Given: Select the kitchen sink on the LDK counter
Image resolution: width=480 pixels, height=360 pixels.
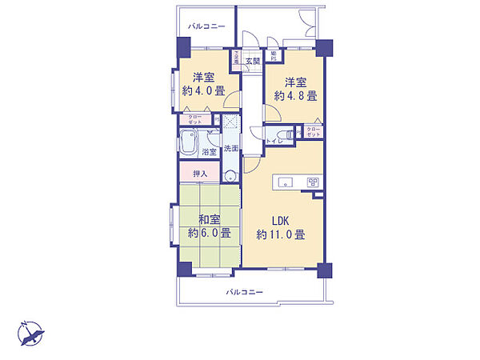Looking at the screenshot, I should click(286, 183).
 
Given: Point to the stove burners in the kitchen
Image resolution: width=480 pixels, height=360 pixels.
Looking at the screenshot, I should click(313, 183).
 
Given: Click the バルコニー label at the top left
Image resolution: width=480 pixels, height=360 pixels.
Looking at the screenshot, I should click(206, 26).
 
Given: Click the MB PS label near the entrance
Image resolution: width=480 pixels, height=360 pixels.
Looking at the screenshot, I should click(273, 56).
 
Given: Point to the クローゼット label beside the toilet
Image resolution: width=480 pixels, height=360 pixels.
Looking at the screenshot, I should click(313, 132).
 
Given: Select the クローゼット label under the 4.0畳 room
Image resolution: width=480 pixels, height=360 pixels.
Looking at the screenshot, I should click(194, 119).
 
